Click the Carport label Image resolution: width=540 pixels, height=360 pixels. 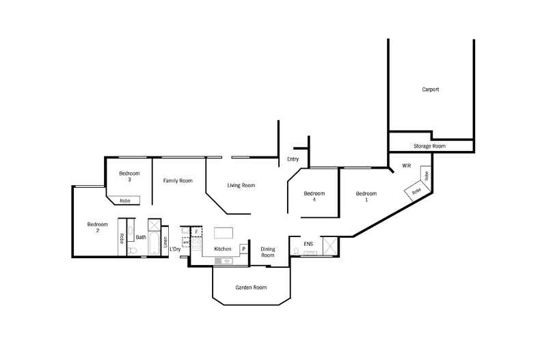pyautogui.click(x=430, y=89)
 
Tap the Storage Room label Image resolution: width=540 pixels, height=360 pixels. pyautogui.click(x=429, y=146)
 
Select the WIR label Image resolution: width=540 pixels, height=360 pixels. pyautogui.click(x=407, y=165)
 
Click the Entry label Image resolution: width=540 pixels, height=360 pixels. pyautogui.click(x=293, y=159)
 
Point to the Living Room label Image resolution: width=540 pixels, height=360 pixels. pyautogui.click(x=241, y=185)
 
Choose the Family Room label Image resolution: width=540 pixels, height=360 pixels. pyautogui.click(x=178, y=181)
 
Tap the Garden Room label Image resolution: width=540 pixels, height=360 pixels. pyautogui.click(x=251, y=288)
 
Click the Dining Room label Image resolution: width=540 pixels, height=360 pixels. pyautogui.click(x=267, y=252)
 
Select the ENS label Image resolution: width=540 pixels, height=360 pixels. pyautogui.click(x=308, y=244)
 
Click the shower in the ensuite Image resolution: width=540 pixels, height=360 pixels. pyautogui.click(x=329, y=246)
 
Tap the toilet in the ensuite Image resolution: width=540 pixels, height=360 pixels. pyautogui.click(x=296, y=251)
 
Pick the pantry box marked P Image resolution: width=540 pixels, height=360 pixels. pyautogui.click(x=243, y=249)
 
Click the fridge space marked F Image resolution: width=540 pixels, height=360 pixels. pyautogui.click(x=196, y=232)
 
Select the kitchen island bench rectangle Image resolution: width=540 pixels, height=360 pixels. pyautogui.click(x=223, y=233)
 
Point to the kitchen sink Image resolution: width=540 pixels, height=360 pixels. pyautogui.click(x=224, y=261)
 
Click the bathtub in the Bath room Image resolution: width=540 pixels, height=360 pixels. pyautogui.click(x=154, y=244)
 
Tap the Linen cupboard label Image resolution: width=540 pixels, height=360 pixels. pyautogui.click(x=165, y=242)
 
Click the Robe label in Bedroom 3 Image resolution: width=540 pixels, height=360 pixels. pyautogui.click(x=125, y=201)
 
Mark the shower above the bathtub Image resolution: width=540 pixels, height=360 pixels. pyautogui.click(x=154, y=225)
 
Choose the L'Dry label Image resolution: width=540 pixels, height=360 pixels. pyautogui.click(x=175, y=249)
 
